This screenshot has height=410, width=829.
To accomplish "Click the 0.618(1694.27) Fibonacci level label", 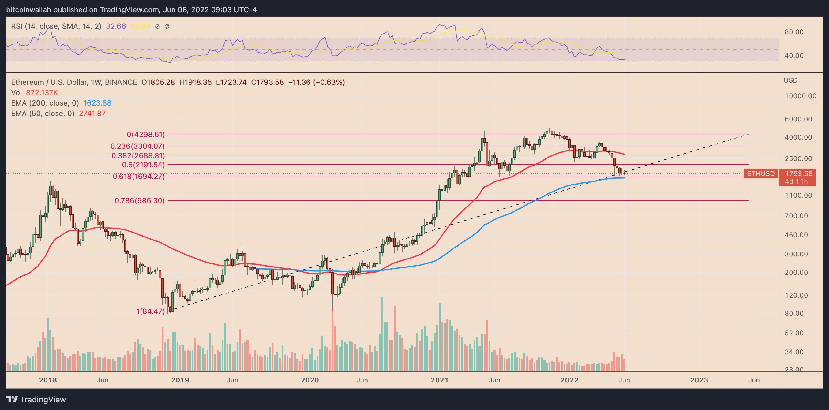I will point(138,176).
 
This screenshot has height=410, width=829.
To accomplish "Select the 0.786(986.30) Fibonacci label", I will point(139,200).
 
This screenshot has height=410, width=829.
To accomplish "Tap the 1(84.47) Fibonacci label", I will point(150,311).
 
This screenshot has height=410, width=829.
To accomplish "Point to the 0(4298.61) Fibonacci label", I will point(145,134).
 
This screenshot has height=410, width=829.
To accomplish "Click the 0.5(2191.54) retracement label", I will point(143,165).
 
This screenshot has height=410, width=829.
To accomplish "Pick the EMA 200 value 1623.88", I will point(97,103).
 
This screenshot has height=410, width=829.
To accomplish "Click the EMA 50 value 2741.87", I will point(92,114).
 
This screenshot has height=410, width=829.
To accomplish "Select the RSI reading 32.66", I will point(116,26).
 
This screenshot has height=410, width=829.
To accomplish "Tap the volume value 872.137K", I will point(42,93).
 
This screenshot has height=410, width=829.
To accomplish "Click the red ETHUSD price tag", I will point(760,174).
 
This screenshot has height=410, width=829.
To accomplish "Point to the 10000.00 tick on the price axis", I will point(800,96).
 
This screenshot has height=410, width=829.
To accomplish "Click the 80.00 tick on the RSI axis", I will point(794,32).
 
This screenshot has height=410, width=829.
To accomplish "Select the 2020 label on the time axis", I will point(309,380).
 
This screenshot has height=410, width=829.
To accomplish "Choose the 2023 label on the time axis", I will point(699,380).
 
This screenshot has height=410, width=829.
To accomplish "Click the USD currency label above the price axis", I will point(790,80).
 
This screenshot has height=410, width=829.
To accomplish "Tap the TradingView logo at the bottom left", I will point(36,399).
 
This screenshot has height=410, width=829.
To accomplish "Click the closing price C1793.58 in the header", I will point(267,82).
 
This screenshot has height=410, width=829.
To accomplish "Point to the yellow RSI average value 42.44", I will point(140,26).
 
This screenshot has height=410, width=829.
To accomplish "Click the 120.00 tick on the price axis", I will point(796,295).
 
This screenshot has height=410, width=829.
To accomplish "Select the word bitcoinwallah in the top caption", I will point(29,10).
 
